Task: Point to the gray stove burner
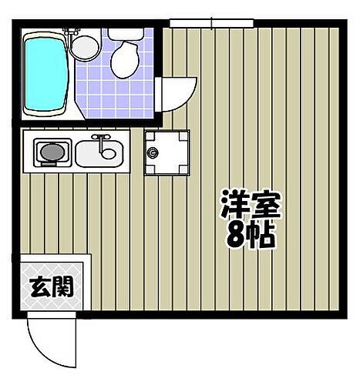tap(49, 152)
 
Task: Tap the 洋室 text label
tap(248, 206)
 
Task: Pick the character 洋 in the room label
tap(233, 206)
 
